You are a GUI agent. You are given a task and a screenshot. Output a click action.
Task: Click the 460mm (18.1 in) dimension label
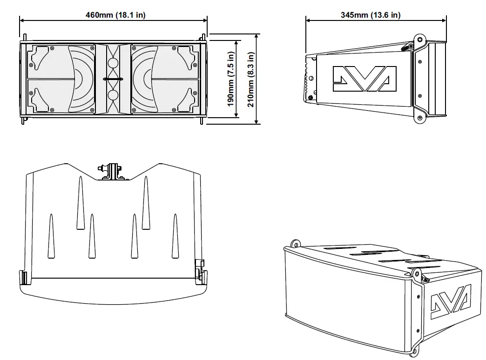(115, 15)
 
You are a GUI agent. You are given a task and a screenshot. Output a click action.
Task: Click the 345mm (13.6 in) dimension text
(370, 15)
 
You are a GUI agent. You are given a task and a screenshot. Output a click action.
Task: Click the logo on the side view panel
(364, 78)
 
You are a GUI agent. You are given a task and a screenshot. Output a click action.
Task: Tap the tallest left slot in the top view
(80, 203)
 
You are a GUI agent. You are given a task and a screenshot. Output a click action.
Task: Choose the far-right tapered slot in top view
(175, 236)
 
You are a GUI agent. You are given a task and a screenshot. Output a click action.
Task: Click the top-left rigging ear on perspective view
(294, 244)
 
